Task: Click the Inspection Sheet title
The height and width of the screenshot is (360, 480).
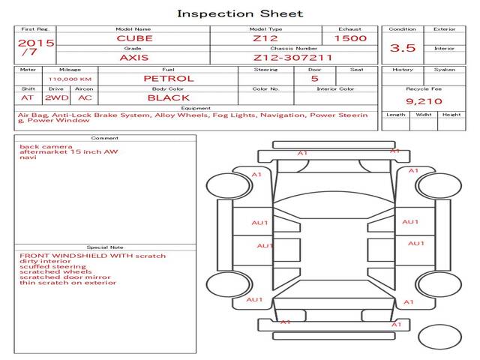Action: [x=240, y=13]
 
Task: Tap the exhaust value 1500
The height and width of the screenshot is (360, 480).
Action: [x=350, y=38]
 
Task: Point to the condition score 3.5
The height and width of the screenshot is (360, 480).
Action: [x=403, y=48]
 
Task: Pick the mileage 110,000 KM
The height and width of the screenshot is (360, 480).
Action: [x=70, y=79]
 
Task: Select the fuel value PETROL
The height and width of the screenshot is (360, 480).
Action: [x=168, y=78]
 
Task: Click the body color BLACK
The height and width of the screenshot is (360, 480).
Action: [x=168, y=97]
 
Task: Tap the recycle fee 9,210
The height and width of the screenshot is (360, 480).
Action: [x=424, y=100]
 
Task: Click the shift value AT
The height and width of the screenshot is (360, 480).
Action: [x=27, y=97]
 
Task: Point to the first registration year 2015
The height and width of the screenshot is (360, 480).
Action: [x=35, y=43]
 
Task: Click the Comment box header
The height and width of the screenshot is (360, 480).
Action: [x=105, y=138]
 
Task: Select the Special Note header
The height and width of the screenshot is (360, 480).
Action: [x=105, y=247]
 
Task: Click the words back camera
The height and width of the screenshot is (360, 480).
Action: [x=46, y=146]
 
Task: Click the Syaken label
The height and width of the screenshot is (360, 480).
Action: [x=445, y=70]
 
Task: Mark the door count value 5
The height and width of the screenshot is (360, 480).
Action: [x=314, y=78]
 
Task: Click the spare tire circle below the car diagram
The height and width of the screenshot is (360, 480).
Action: [x=439, y=336]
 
